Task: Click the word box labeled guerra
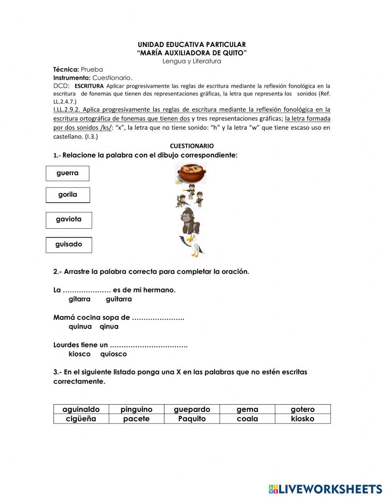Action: pos(67,173)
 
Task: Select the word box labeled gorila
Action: pos(68,195)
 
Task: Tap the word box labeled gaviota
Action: pos(69,220)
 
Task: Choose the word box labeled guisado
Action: pos(69,245)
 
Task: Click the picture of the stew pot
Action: pos(191,173)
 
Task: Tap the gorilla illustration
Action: pos(190,221)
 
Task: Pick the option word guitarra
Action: pos(119,299)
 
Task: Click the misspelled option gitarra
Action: pos(79,299)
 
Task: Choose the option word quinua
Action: pos(80,326)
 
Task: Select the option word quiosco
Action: pos(113,354)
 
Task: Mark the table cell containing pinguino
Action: pos(136,409)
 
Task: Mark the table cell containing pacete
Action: pos(136,419)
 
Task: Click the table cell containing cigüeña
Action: pos(81,419)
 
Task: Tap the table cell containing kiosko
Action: pos(303,419)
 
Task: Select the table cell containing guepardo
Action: pos(192,409)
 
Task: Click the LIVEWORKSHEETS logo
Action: pos(325,489)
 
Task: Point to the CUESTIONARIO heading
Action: pos(192,146)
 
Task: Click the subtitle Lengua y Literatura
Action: pos(192,61)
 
